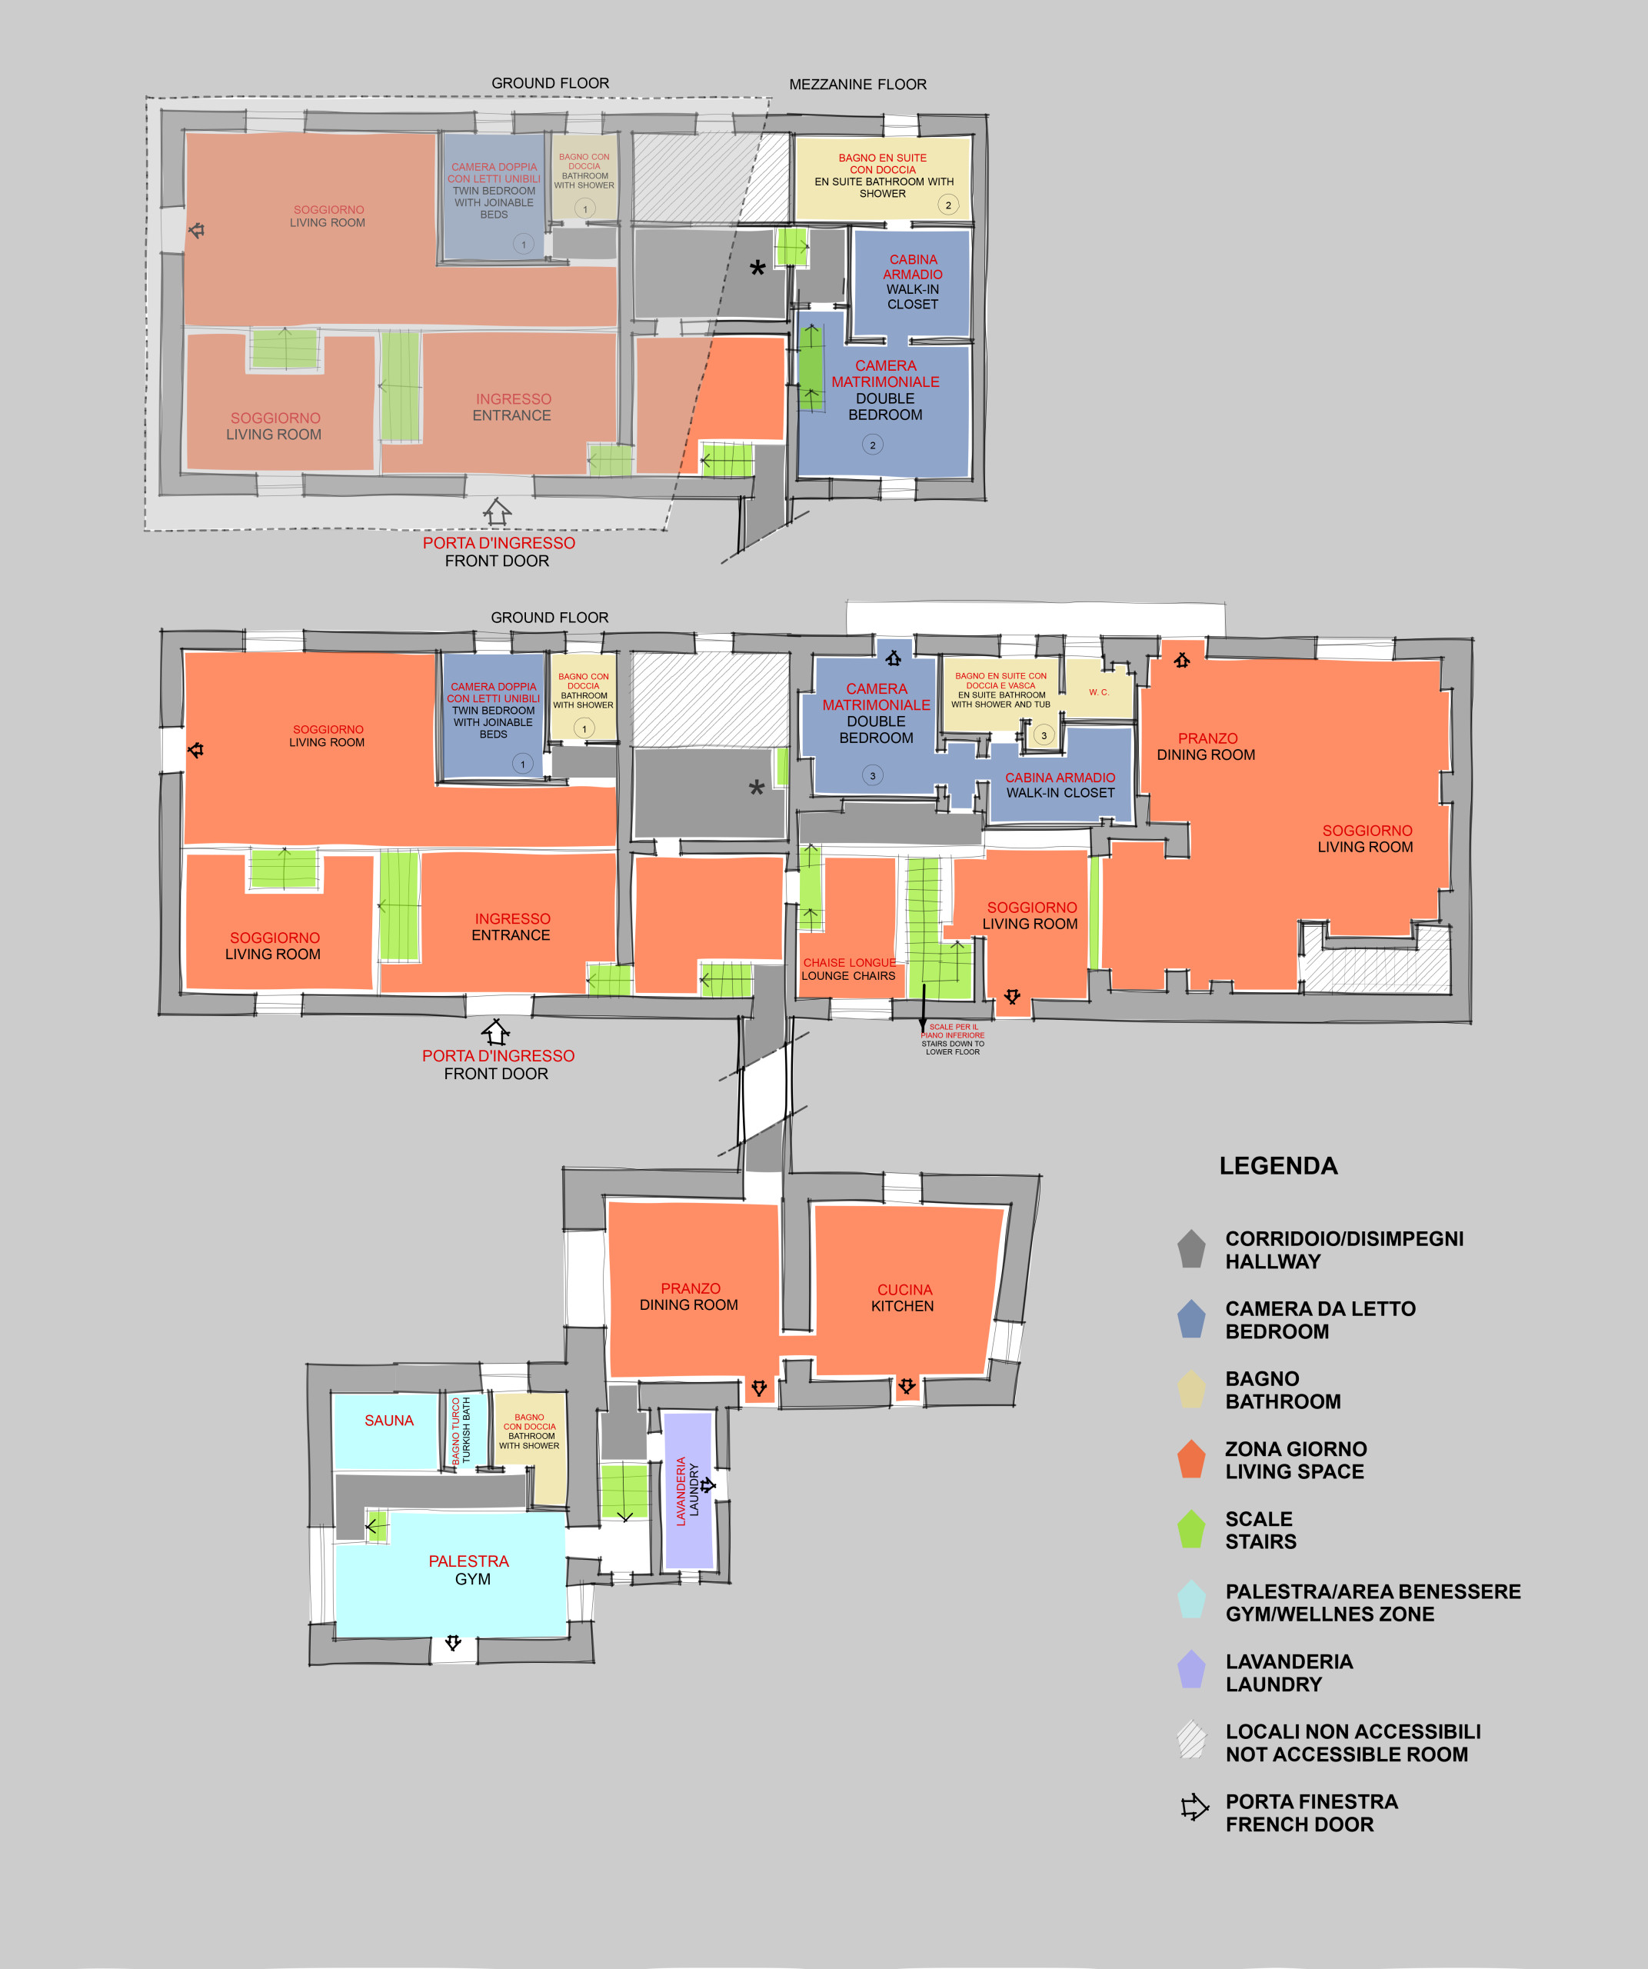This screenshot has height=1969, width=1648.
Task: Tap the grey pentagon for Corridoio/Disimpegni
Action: click(x=1191, y=1249)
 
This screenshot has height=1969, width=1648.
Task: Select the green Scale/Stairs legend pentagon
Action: click(x=1191, y=1529)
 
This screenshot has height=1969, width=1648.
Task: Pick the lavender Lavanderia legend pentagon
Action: click(x=1191, y=1669)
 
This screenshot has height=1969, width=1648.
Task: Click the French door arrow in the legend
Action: click(x=1194, y=1807)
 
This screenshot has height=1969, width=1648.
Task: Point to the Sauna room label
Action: click(x=389, y=1421)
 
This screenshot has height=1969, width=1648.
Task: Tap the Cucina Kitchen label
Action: click(x=904, y=1298)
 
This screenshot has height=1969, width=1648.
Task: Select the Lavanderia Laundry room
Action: click(x=689, y=1490)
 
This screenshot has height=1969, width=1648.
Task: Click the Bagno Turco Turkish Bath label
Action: click(x=461, y=1431)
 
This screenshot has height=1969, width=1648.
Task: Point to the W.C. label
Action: click(x=1099, y=692)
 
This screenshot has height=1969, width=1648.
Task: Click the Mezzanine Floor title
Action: click(x=857, y=85)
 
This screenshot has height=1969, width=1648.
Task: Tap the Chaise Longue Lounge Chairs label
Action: click(x=848, y=969)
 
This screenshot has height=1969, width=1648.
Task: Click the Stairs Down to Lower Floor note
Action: click(x=953, y=1040)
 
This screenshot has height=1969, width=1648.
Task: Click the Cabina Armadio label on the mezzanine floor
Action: click(x=913, y=282)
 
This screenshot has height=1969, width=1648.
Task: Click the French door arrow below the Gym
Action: click(x=453, y=1643)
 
